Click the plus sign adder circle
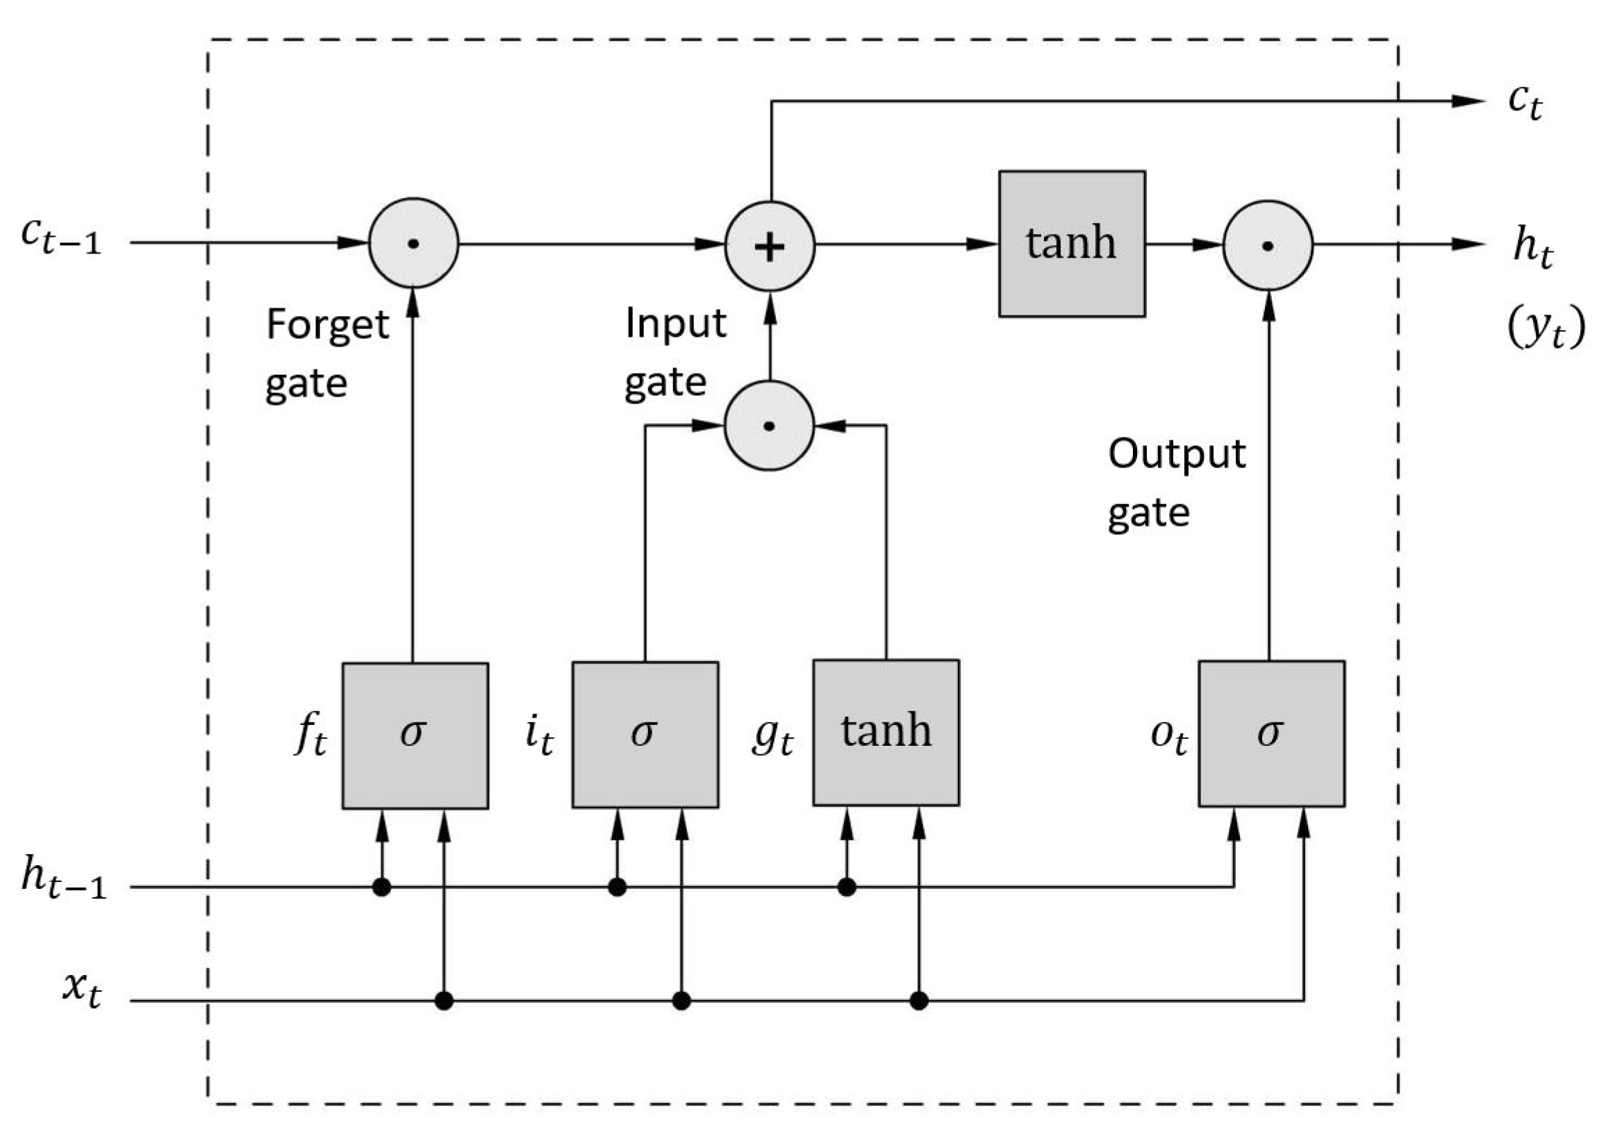[770, 246]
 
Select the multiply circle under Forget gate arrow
[413, 243]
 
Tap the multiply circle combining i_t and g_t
[770, 425]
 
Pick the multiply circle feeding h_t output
[1268, 245]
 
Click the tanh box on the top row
[1071, 244]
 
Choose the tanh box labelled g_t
[886, 733]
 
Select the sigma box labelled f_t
[415, 735]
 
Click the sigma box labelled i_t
[645, 735]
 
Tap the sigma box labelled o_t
[1271, 734]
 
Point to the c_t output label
[1525, 103]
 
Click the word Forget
[328, 326]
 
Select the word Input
[675, 324]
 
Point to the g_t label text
[772, 736]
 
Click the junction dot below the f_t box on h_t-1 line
[381, 888]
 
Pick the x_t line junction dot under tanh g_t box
[919, 1001]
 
